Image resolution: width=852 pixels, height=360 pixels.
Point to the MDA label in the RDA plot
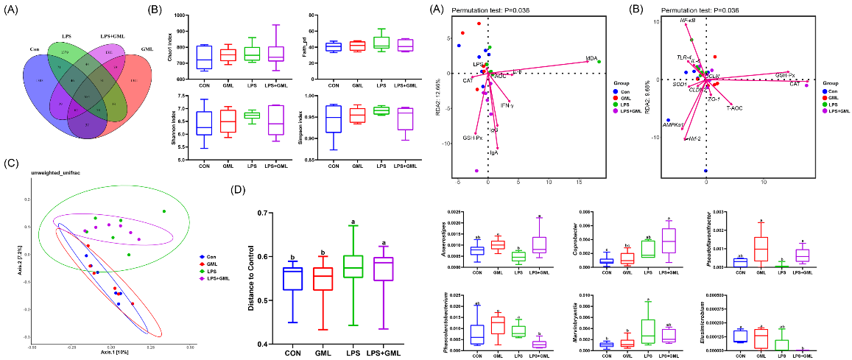tap(591, 58)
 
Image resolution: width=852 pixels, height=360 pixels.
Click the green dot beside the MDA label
tap(599, 62)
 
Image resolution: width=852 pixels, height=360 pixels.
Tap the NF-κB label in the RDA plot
tap(689, 23)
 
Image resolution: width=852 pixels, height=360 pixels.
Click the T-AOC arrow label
tap(734, 108)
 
